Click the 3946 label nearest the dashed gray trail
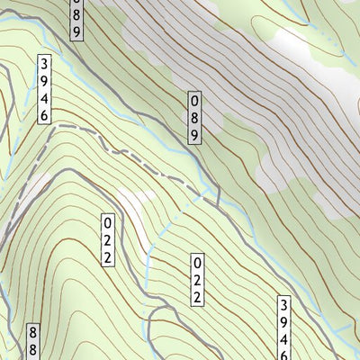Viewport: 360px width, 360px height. tap(42, 89)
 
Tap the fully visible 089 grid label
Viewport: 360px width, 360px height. tap(193, 117)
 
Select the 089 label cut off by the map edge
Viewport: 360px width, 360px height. tap(77, 16)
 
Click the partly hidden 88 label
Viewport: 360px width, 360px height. tap(33, 343)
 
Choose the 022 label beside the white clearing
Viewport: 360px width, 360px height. tap(107, 239)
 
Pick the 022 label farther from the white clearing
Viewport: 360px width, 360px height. tap(194, 280)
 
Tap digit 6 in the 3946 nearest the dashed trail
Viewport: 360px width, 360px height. tap(42, 114)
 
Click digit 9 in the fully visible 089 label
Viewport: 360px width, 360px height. tap(193, 134)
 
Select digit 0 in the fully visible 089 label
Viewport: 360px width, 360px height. tap(193, 101)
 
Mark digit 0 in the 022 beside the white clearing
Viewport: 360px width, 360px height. tap(107, 222)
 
